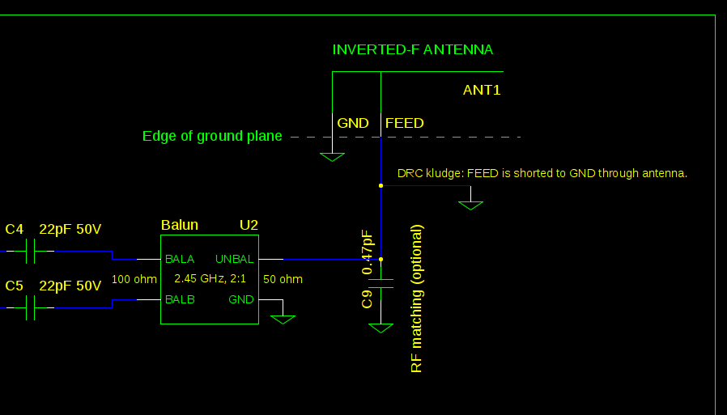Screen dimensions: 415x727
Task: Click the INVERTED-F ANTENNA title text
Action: tap(412, 50)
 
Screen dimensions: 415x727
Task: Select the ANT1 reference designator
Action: tap(482, 90)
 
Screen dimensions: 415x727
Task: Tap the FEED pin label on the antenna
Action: tap(404, 123)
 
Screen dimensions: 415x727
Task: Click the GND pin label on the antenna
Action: tap(353, 123)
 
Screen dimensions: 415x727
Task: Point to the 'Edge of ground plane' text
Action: tap(212, 136)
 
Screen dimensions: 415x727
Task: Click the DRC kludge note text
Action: tap(542, 173)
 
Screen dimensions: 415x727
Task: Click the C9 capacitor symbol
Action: tap(381, 284)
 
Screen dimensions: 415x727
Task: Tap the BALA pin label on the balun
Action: tap(180, 260)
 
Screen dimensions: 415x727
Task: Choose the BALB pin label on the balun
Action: tap(180, 299)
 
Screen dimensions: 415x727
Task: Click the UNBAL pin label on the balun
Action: tap(235, 260)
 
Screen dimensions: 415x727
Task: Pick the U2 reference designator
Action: tap(249, 225)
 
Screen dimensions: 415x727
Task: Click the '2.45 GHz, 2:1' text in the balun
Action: tap(210, 279)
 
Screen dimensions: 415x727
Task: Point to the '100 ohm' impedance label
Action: tap(134, 280)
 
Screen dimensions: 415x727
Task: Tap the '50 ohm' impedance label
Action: tap(283, 280)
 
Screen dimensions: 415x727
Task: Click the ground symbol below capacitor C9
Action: tap(381, 328)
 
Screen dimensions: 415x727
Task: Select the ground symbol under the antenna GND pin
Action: tap(332, 156)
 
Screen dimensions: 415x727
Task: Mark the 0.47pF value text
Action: tap(367, 252)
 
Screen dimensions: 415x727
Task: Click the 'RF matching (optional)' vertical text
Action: tap(417, 299)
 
